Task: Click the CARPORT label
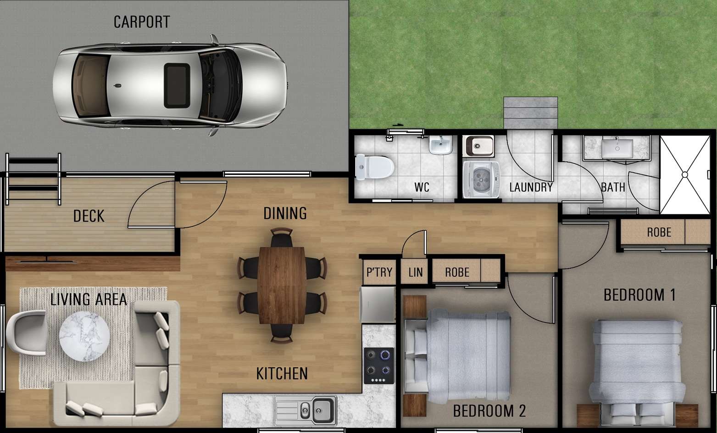141,22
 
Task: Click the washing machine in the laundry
480,180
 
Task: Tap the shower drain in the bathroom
684,174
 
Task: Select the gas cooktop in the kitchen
379,366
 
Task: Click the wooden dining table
282,285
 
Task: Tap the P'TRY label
379,272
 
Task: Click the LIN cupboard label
415,272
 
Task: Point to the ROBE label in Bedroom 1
659,232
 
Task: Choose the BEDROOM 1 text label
639,295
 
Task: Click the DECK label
89,216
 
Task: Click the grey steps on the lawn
530,113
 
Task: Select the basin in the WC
441,146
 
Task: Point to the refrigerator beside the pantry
378,304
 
